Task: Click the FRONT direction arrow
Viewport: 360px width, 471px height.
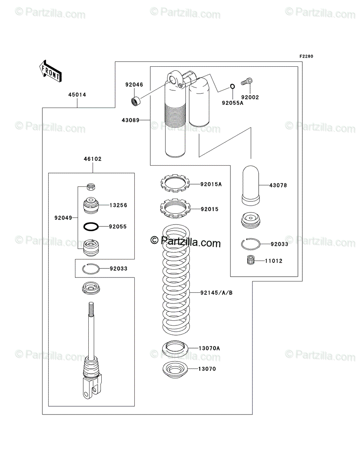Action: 51,71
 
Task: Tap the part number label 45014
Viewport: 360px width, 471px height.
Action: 77,95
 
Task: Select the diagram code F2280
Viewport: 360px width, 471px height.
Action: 306,56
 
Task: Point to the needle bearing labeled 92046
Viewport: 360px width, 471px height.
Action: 135,101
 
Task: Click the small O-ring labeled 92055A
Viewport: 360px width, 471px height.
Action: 232,86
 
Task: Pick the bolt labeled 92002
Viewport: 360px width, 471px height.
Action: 247,82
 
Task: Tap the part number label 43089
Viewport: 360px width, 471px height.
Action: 131,120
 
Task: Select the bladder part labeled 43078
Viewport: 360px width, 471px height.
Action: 250,186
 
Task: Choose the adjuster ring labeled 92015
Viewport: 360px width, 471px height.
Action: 175,208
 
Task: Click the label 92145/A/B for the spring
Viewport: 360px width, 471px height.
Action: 216,293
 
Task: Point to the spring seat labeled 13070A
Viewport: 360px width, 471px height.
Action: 175,349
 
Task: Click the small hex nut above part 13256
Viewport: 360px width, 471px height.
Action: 91,187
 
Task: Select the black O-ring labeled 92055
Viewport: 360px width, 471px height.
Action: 91,226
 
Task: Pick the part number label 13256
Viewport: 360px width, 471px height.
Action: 118,205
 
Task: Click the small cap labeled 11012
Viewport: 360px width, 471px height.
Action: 250,260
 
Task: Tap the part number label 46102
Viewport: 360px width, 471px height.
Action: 93,159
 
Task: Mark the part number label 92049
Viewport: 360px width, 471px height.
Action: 63,218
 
